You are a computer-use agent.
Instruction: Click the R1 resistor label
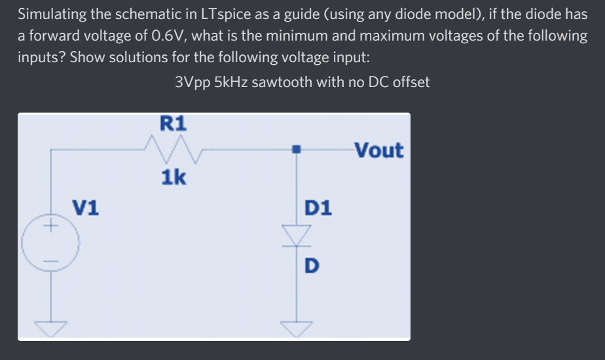(x=173, y=122)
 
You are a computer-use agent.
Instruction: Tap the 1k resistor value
(x=173, y=177)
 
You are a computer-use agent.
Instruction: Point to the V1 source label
(x=86, y=207)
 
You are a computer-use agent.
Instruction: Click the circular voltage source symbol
(x=51, y=243)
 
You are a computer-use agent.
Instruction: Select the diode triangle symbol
(x=298, y=234)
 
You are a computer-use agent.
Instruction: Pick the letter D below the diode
(x=312, y=266)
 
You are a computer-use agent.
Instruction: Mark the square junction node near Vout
(x=297, y=150)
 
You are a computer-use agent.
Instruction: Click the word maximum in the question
(x=367, y=36)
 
